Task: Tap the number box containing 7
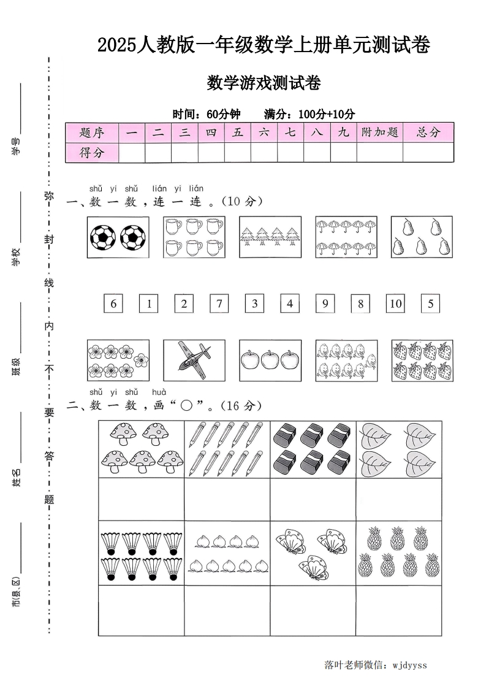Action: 219,304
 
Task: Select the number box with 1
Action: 148,304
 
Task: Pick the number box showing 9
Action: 325,304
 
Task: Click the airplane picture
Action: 194,360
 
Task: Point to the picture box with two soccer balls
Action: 118,237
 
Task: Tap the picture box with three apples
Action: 270,360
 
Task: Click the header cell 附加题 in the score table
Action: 379,132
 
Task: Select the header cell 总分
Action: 428,132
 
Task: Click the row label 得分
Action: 92,153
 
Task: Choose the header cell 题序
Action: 92,132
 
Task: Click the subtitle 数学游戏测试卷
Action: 264,83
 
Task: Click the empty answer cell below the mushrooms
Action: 141,499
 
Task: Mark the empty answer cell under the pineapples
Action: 398,610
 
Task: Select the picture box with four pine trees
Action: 270,237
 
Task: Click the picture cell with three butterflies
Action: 313,553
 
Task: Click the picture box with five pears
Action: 422,237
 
